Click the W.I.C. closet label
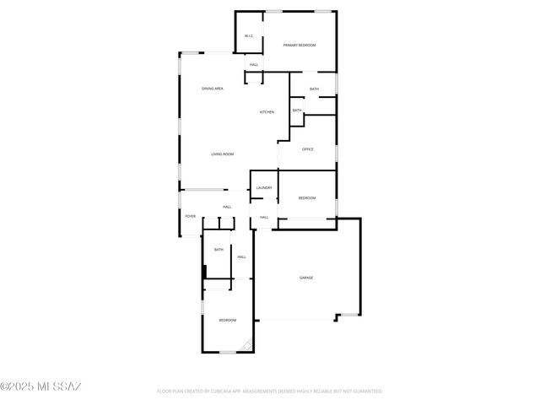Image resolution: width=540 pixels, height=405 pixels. [x=249, y=36]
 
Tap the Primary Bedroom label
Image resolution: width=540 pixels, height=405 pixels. [x=300, y=45]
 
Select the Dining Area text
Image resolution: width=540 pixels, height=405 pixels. [x=212, y=89]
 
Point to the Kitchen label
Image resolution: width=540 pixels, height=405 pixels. [x=267, y=112]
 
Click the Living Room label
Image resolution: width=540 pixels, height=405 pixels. [x=222, y=154]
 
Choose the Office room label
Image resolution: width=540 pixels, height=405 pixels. [x=308, y=149]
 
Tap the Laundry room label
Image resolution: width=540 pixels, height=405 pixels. [x=263, y=187]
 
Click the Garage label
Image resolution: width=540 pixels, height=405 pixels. [x=306, y=278]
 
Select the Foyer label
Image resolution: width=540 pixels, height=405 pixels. [x=191, y=217]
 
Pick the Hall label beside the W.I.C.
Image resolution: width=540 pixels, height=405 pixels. [x=253, y=65]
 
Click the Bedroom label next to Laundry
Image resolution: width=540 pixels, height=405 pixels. [x=307, y=198]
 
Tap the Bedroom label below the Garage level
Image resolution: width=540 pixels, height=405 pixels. [x=228, y=320]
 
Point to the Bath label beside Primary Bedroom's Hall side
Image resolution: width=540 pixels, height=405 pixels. [x=314, y=89]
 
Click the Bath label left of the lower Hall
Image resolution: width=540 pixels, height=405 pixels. [x=219, y=249]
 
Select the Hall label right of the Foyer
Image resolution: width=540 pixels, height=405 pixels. [x=227, y=207]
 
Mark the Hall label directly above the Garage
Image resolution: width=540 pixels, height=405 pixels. [x=264, y=218]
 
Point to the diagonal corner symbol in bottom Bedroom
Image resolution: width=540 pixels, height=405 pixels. [x=246, y=345]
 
